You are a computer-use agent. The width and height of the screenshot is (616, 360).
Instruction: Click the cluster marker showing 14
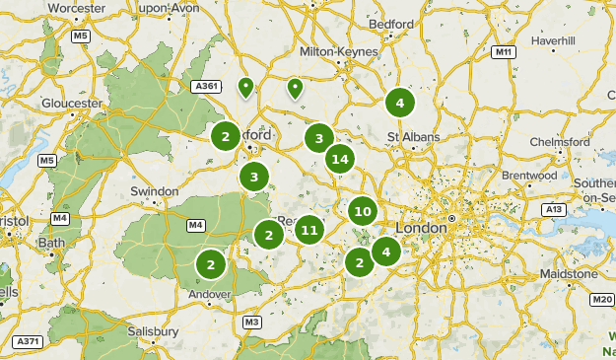[340, 158]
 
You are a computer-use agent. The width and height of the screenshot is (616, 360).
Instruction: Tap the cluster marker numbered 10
[362, 211]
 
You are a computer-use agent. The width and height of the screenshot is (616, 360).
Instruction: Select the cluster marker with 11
[308, 231]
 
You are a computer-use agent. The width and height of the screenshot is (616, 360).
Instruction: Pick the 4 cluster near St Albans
[398, 103]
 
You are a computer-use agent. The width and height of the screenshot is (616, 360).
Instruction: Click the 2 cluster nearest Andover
[210, 264]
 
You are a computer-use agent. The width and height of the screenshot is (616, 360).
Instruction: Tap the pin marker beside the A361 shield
[245, 88]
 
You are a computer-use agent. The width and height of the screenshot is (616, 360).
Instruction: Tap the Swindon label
[155, 191]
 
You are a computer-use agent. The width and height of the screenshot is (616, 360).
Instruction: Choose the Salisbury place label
[153, 331]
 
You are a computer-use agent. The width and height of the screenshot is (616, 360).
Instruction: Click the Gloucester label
[72, 103]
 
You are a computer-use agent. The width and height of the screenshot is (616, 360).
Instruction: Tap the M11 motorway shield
[505, 51]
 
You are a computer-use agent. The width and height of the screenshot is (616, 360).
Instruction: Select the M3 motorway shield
[252, 323]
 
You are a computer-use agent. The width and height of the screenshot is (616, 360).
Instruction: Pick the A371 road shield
[27, 341]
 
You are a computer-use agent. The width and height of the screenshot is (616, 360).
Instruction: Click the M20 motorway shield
[602, 299]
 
